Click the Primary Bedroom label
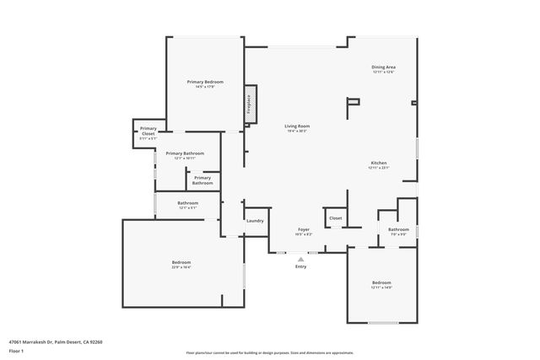click(204, 82)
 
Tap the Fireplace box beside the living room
click(251, 104)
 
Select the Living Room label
click(296, 126)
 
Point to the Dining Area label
click(384, 67)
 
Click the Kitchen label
click(379, 163)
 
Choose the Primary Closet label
click(148, 132)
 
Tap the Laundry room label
click(255, 221)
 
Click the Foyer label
click(304, 229)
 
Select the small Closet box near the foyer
click(335, 218)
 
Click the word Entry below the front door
click(301, 266)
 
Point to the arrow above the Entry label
click(301, 258)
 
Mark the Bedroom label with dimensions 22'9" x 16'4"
click(181, 262)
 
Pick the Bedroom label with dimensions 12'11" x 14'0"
click(381, 282)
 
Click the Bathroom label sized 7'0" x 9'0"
click(398, 229)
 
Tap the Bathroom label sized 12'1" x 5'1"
click(187, 203)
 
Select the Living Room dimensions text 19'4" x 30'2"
click(296, 131)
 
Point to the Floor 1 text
click(16, 351)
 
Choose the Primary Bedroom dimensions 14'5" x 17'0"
click(204, 86)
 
